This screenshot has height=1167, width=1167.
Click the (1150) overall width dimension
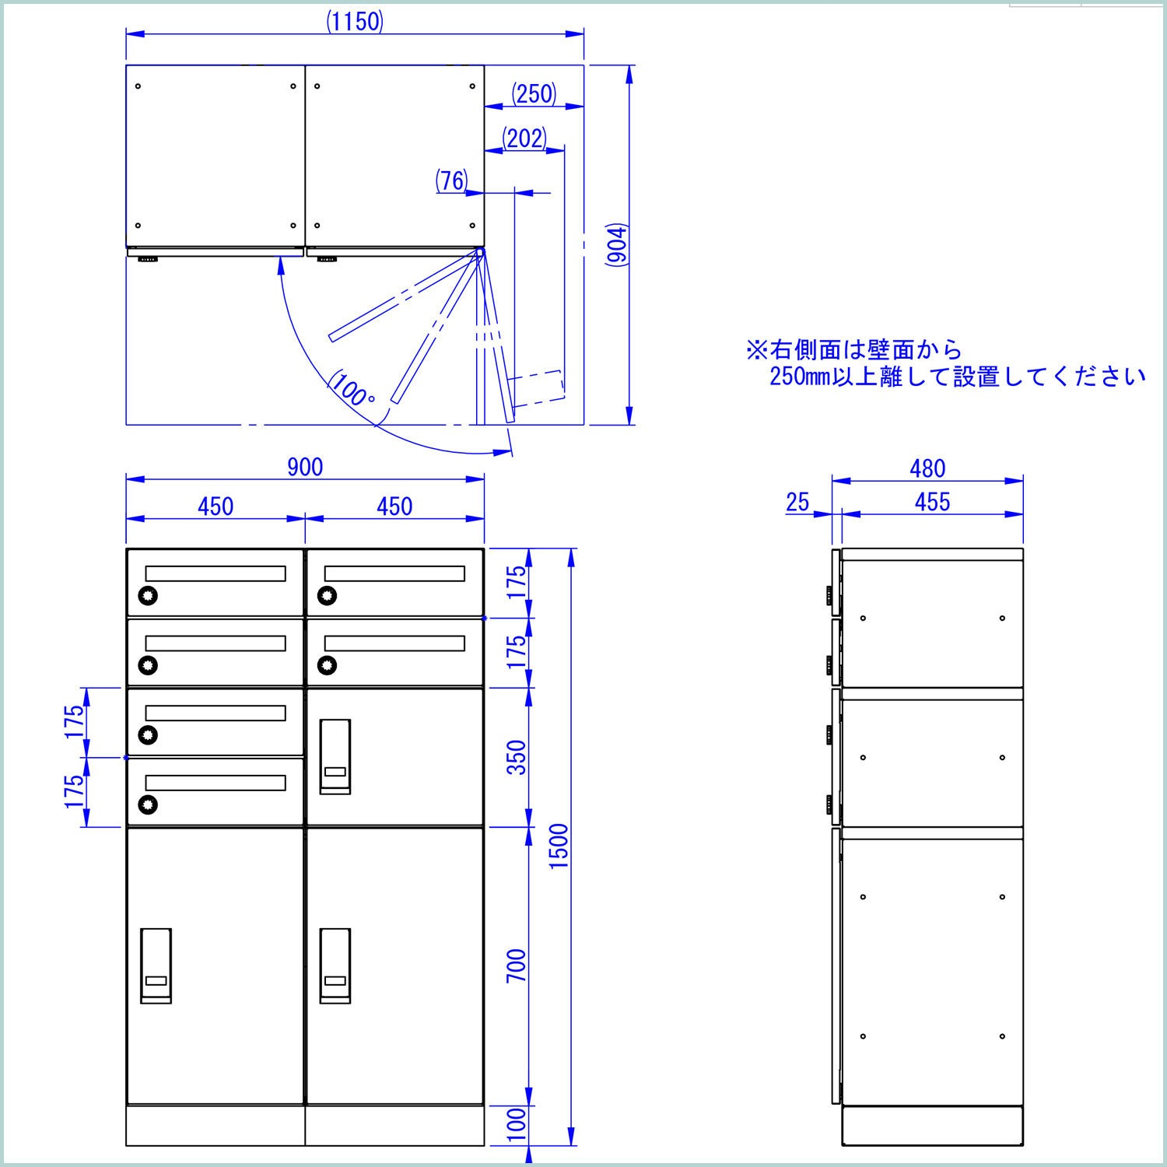(355, 22)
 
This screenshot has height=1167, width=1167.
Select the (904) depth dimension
(617, 245)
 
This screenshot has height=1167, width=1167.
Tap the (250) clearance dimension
(534, 93)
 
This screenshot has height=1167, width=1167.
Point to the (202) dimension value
(524, 138)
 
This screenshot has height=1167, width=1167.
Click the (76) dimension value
(451, 181)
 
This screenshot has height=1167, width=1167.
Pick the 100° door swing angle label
(352, 390)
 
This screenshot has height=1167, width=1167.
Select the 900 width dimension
(305, 467)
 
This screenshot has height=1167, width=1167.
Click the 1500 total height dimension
(559, 846)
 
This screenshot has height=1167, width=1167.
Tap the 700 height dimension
(517, 965)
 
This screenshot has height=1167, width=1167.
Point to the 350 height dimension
(517, 757)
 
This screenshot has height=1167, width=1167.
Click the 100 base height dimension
(517, 1125)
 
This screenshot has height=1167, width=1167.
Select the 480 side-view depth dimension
(927, 468)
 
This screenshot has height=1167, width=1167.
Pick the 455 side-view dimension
(932, 502)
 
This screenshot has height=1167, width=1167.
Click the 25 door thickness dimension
(797, 502)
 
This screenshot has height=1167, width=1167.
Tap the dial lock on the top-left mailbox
(148, 596)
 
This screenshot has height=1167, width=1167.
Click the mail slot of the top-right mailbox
(394, 574)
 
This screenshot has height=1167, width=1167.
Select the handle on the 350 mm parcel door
(335, 757)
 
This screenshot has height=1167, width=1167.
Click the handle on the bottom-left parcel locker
(156, 965)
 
